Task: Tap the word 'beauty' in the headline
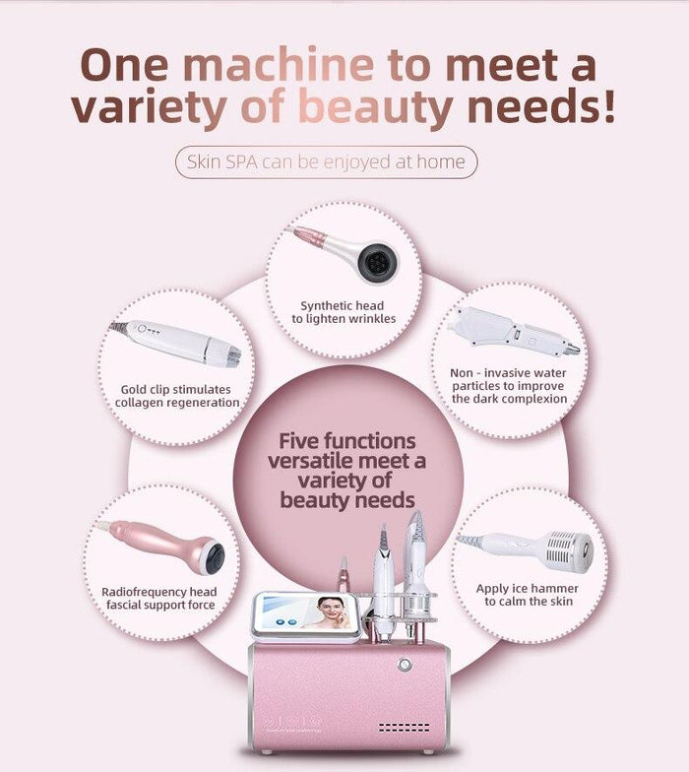(384, 108)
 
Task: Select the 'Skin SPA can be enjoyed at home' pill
(326, 161)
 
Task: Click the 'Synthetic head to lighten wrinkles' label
(343, 312)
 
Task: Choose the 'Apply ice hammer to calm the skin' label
(528, 595)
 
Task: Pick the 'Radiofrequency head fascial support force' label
(159, 598)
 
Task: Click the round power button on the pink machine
(404, 665)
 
